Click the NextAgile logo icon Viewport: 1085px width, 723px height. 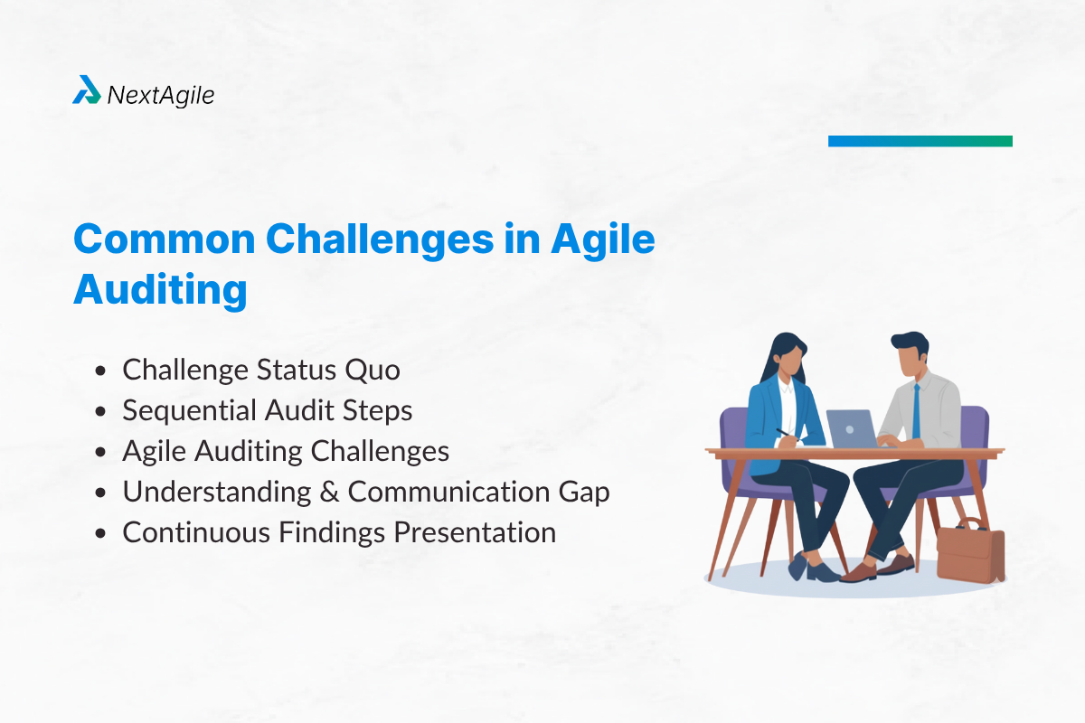pyautogui.click(x=87, y=90)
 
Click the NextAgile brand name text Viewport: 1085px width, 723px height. pyautogui.click(x=160, y=94)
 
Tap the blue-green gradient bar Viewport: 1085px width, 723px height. pyautogui.click(x=920, y=141)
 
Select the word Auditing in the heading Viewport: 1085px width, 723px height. pyautogui.click(x=160, y=289)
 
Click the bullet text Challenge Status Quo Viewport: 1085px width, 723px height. pyautogui.click(x=261, y=370)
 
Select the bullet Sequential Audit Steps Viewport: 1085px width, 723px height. pyautogui.click(x=268, y=410)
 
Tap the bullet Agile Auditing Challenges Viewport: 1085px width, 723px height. pyautogui.click(x=286, y=451)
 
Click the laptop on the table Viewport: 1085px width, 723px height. pyautogui.click(x=851, y=428)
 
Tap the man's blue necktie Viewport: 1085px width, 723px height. pyautogui.click(x=915, y=410)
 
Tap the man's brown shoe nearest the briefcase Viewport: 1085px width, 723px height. pyautogui.click(x=895, y=565)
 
